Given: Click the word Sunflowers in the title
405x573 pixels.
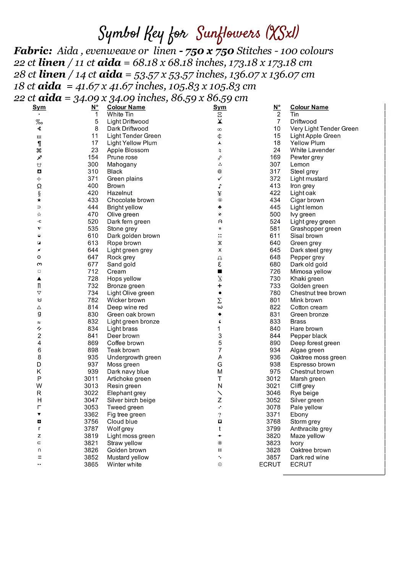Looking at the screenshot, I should (228, 34).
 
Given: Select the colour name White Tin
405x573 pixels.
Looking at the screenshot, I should (120, 114).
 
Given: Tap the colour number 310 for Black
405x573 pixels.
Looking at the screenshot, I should (93, 172).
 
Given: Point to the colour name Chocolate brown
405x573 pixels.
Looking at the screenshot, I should (130, 200).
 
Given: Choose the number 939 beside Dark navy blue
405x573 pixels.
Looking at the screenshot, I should (93, 372).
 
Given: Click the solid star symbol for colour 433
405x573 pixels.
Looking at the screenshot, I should (39, 200).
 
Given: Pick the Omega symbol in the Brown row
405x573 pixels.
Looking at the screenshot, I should (39, 186).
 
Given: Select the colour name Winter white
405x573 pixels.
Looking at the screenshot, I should (124, 465).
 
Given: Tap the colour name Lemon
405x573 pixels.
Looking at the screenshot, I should (300, 164).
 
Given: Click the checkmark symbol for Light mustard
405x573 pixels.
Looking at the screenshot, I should (220, 179).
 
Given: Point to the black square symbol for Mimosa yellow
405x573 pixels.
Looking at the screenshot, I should (220, 272).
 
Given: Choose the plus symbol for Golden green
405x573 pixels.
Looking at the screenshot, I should (220, 286).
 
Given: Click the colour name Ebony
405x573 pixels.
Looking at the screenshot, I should (299, 414).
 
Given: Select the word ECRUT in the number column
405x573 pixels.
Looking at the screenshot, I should (270, 465).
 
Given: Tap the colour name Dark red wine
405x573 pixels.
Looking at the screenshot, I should (309, 457).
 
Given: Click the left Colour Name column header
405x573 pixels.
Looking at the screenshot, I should (126, 107).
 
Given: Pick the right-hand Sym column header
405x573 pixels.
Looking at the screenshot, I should (220, 107).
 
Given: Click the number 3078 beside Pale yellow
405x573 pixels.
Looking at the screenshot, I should (273, 407).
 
